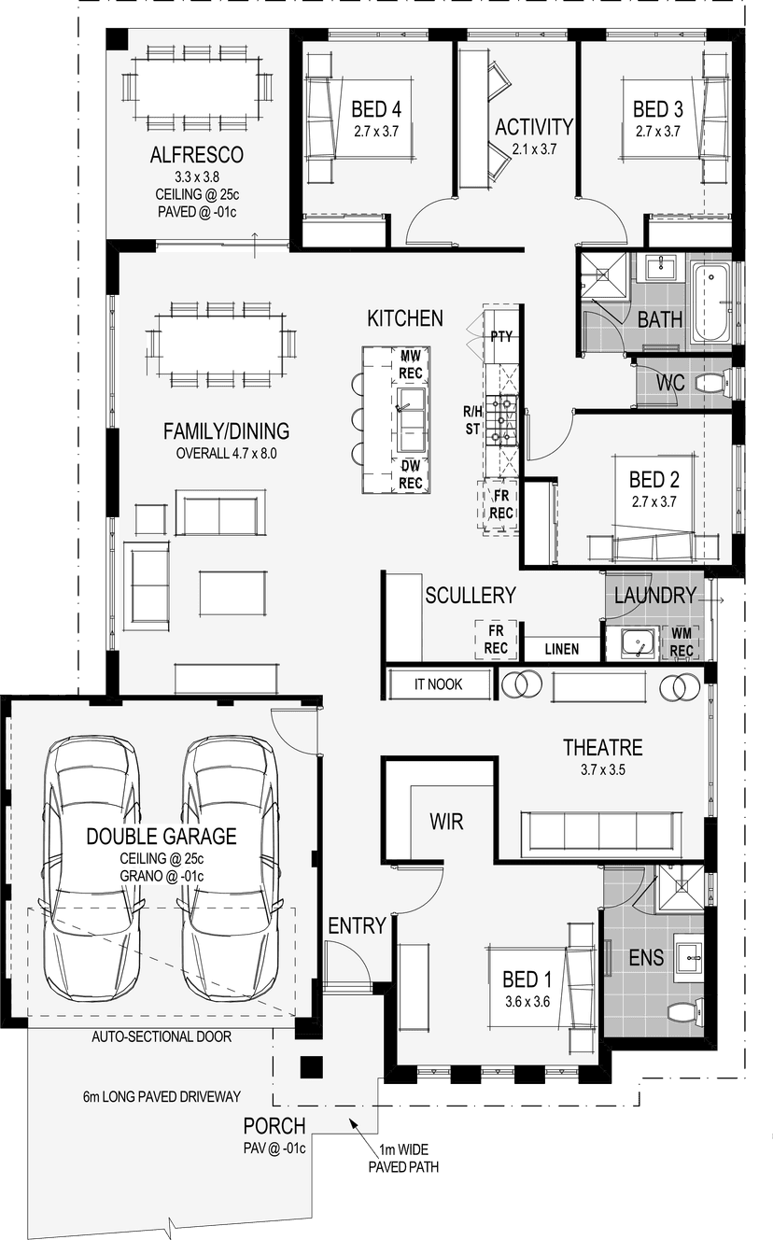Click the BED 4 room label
(376, 109)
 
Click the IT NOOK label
(438, 684)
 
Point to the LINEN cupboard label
(562, 649)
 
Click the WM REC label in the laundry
(682, 642)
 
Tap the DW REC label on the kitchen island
(410, 474)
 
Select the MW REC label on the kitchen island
(411, 364)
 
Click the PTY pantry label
(501, 336)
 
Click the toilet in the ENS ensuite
(685, 1011)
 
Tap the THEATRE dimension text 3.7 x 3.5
(602, 769)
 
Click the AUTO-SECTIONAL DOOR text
(162, 1036)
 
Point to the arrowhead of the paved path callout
(351, 1121)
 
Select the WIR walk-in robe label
(446, 822)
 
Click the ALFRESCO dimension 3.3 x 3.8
(197, 177)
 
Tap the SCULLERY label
(471, 595)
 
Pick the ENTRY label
(357, 925)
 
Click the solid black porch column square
(312, 1067)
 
